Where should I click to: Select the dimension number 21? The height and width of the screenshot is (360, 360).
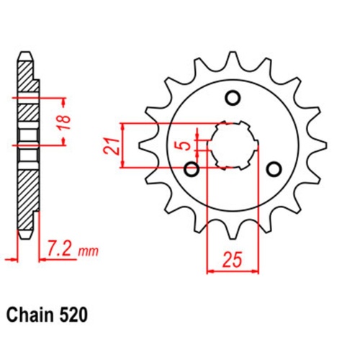coord(110,144)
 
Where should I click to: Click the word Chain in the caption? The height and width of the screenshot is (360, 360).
coord(30,315)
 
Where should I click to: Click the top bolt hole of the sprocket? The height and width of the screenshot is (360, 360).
coord(232,99)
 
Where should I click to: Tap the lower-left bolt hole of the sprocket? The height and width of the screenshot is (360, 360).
coord(192,169)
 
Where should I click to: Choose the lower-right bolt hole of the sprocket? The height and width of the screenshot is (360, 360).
coord(273,169)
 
